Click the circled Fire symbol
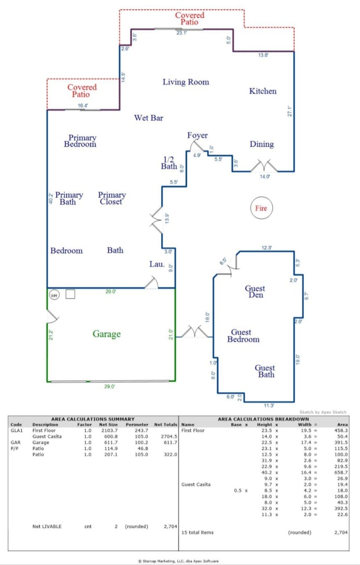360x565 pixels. (x=261, y=208)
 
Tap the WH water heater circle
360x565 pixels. (x=54, y=295)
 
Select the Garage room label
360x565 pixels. (x=107, y=334)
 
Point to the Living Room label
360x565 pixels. (x=186, y=82)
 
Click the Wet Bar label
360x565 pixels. (x=148, y=118)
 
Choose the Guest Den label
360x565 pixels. (x=255, y=292)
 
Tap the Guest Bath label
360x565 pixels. (x=265, y=371)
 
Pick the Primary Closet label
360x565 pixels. (x=112, y=198)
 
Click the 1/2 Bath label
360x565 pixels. (x=169, y=163)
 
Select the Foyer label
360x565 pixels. (x=198, y=135)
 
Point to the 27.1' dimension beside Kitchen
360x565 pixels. (x=289, y=111)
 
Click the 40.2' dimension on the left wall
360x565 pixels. (x=51, y=199)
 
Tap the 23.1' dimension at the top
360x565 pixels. (x=182, y=33)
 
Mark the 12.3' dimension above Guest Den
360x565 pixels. (x=267, y=248)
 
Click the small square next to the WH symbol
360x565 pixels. (x=70, y=294)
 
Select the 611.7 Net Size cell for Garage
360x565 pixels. (x=108, y=443)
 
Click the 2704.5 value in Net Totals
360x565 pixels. (x=169, y=437)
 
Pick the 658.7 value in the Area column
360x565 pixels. (x=341, y=473)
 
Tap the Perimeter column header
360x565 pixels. (x=137, y=425)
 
